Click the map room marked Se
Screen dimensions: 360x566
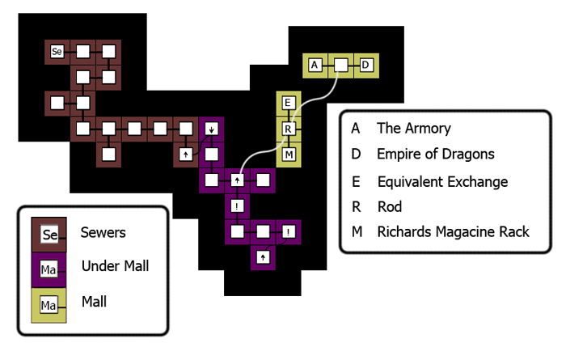[x=57, y=52]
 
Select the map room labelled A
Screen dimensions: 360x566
[x=315, y=65]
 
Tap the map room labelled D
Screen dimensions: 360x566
[x=365, y=65]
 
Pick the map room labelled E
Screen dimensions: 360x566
[x=289, y=103]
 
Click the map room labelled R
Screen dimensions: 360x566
[x=289, y=129]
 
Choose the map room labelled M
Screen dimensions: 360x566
[x=289, y=154]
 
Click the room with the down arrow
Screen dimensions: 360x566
[x=211, y=129]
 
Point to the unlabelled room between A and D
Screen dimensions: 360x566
[x=341, y=65]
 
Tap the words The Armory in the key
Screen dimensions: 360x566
[x=414, y=128]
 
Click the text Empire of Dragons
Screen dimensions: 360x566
[x=436, y=154]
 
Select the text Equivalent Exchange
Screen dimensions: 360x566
[x=442, y=181]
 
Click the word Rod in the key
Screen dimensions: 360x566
[x=389, y=207]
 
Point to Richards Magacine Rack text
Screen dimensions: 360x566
[x=453, y=232]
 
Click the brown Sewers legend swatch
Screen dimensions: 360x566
[x=49, y=235]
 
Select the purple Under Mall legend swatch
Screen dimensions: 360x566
[x=49, y=267]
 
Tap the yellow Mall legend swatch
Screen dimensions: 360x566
[x=49, y=304]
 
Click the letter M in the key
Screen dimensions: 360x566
[x=355, y=232]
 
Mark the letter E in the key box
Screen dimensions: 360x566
[x=355, y=181]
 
